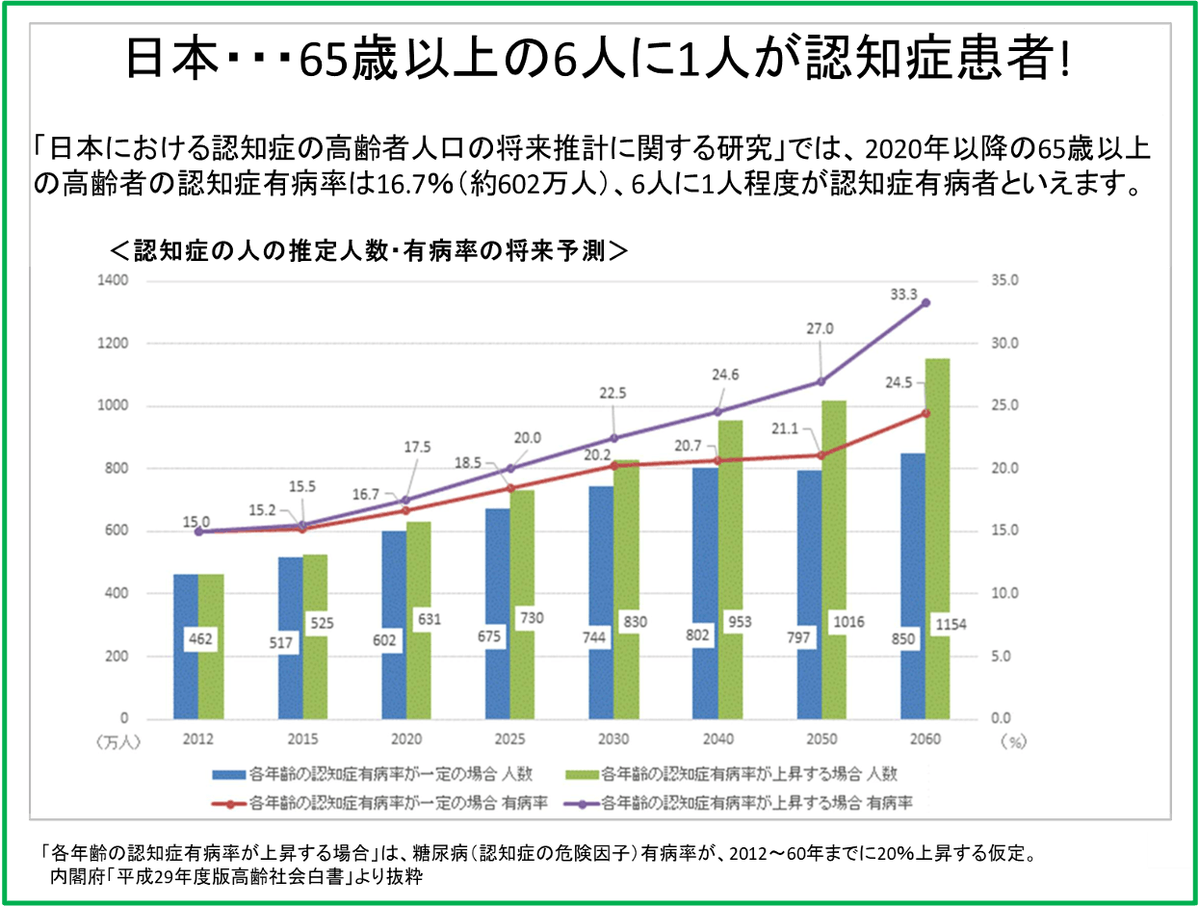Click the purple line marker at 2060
tap(925, 302)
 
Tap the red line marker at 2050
tap(821, 455)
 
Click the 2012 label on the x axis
tap(197, 739)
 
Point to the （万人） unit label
tap(118, 741)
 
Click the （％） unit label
tap(1014, 741)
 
